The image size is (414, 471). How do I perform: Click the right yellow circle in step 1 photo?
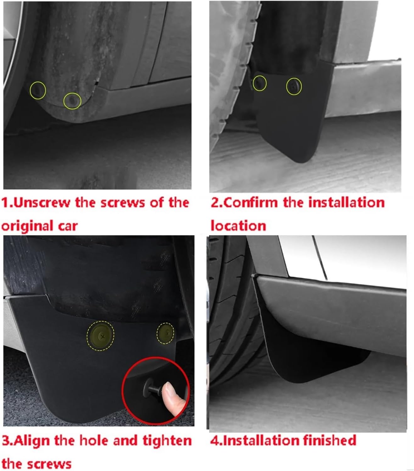click(72, 101)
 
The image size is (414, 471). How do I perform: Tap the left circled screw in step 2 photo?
click(260, 83)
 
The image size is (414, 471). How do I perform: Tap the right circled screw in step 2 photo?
click(294, 87)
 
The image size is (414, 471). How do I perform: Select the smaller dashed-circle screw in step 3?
click(165, 334)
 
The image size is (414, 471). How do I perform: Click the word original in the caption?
click(27, 226)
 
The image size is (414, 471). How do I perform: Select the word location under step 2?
click(238, 226)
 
